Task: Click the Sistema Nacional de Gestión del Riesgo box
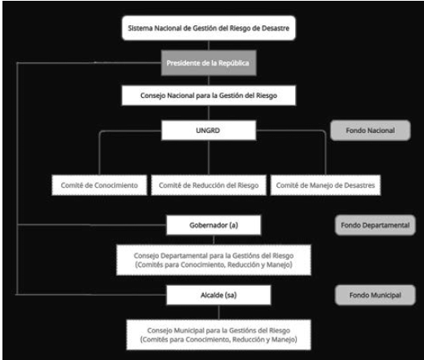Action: (209, 28)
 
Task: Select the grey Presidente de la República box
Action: (209, 63)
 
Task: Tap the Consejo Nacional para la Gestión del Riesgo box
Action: (209, 96)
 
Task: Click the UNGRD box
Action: (209, 131)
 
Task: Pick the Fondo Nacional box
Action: (370, 131)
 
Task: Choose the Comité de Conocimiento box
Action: (99, 185)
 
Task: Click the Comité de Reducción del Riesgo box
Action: (209, 185)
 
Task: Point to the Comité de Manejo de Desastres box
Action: (325, 185)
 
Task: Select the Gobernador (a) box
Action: (214, 225)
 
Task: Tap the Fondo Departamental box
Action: (375, 225)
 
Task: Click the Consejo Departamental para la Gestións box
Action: (214, 260)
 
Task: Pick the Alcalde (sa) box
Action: (219, 295)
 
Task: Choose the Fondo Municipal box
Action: (375, 295)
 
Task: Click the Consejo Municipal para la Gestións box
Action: (219, 335)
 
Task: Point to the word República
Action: (234, 63)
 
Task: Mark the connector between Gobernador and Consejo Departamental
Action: (214, 240)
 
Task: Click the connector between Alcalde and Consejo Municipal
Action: (219, 313)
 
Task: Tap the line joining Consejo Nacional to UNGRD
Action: (209, 113)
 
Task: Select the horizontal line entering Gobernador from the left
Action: (91, 225)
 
